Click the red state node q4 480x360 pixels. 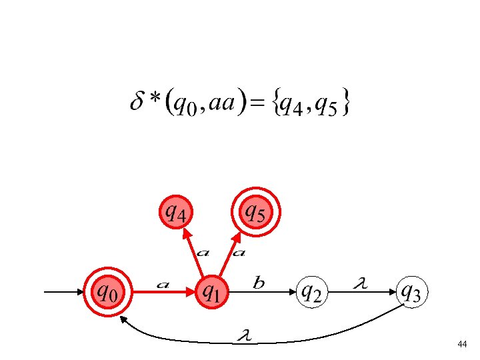tap(177, 213)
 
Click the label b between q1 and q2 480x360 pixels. tap(259, 285)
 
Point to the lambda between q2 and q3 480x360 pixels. tap(360, 285)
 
